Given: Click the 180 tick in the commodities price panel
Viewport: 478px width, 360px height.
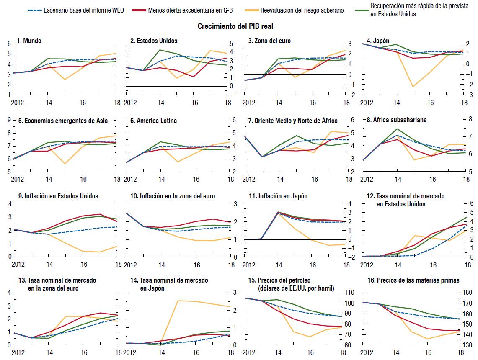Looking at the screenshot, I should tap(469, 293).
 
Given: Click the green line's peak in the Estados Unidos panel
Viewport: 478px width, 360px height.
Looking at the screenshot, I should tap(159, 50).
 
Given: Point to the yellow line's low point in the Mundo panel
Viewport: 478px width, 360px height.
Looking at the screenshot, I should tap(65, 80).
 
